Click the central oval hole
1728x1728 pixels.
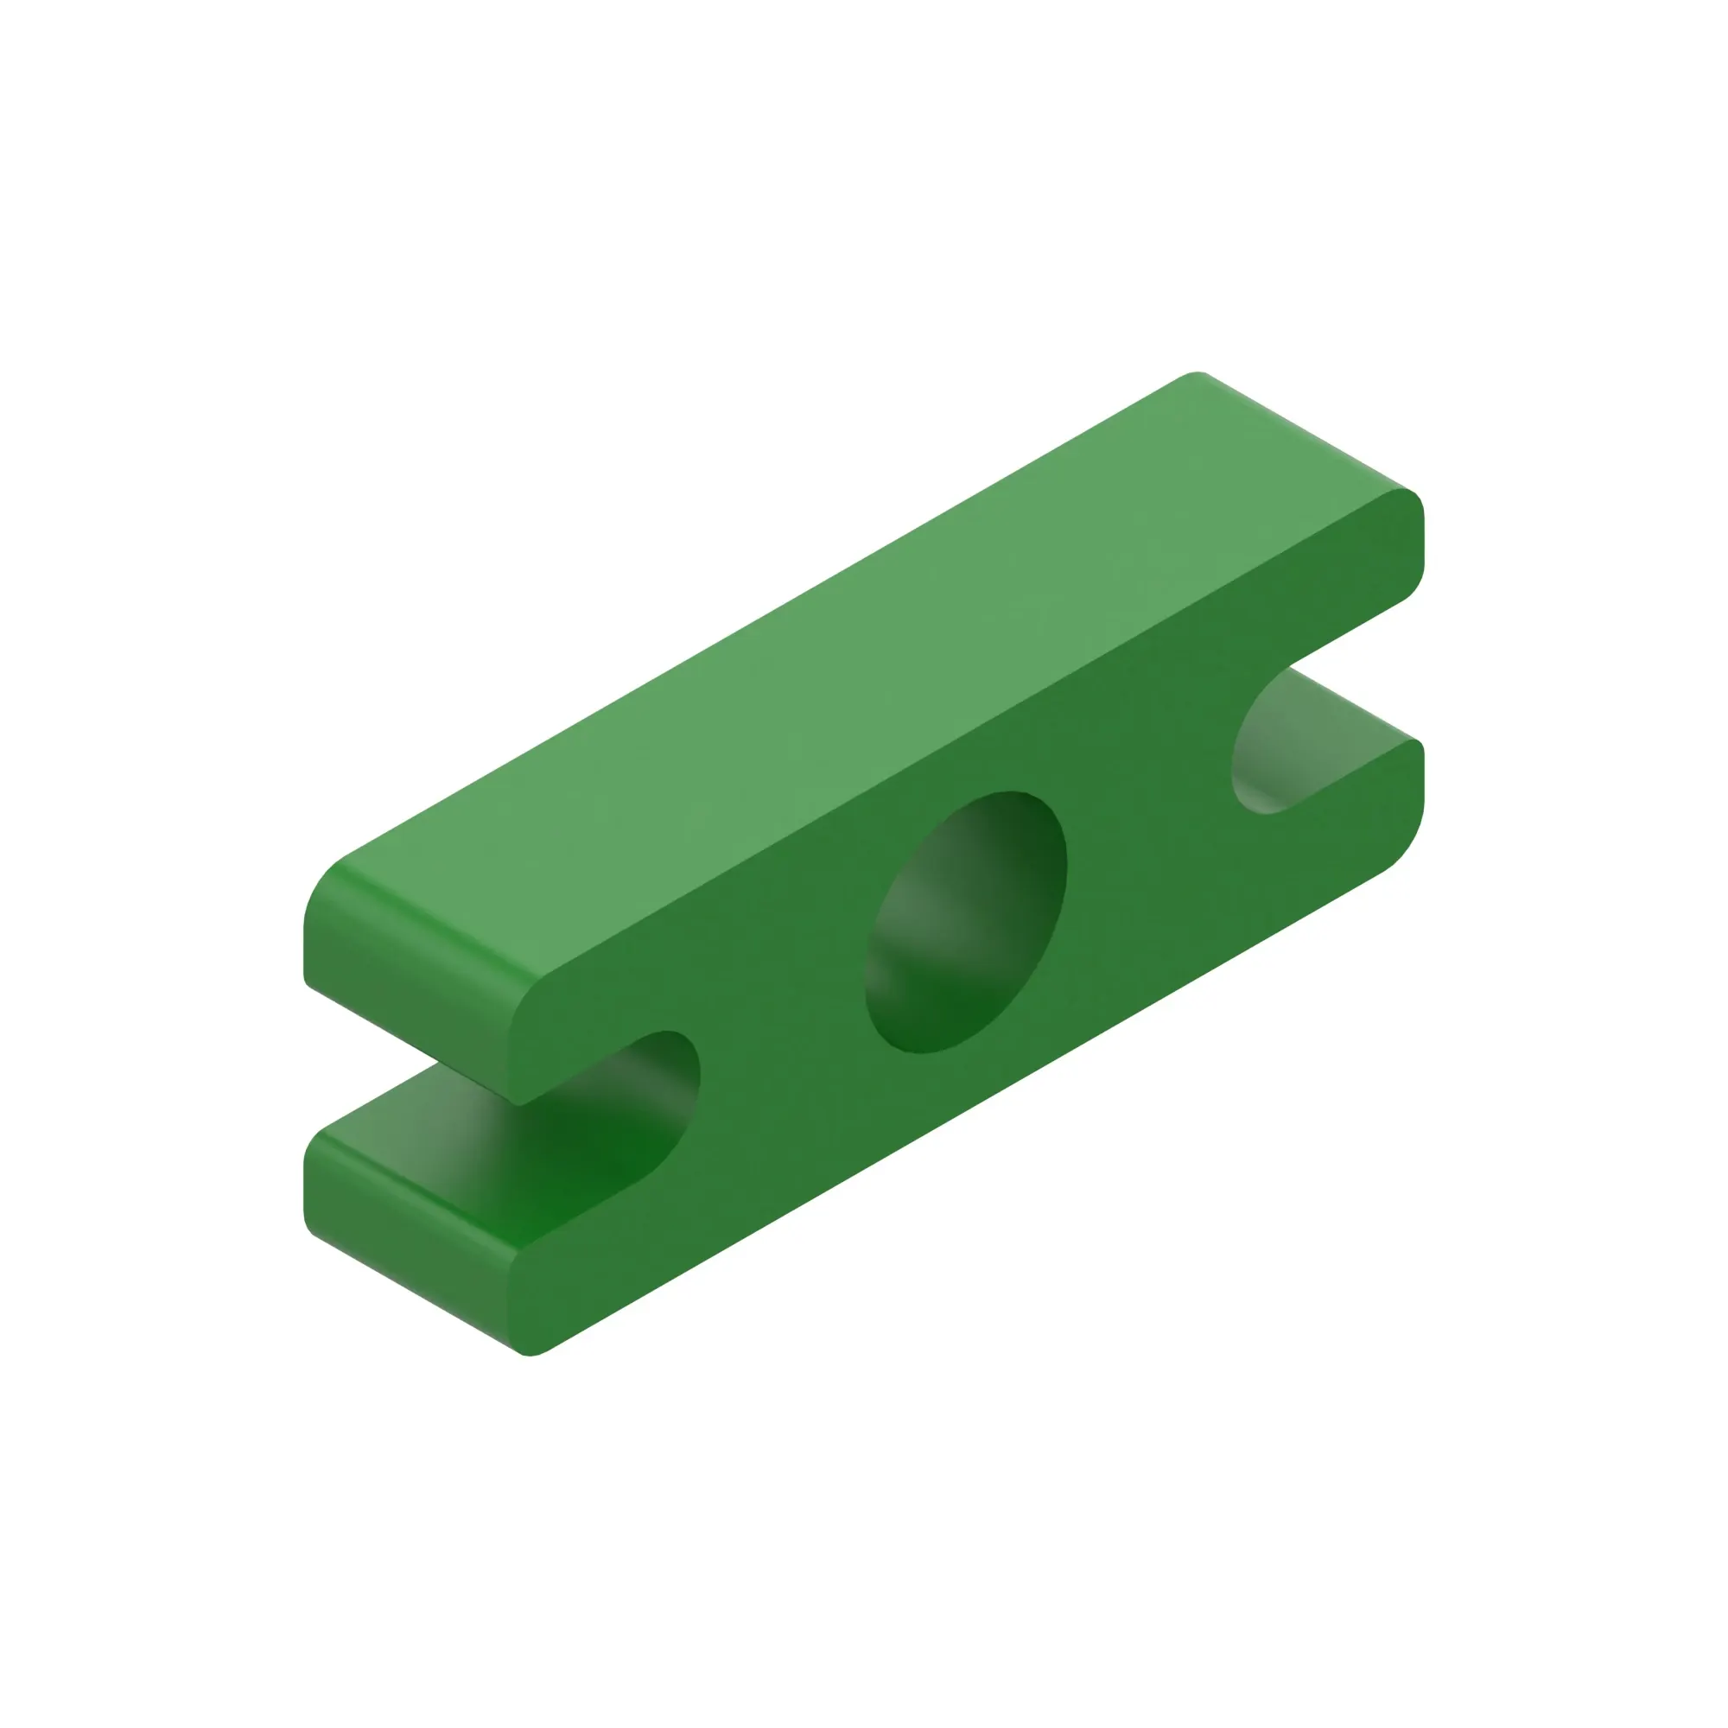pos(966,921)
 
